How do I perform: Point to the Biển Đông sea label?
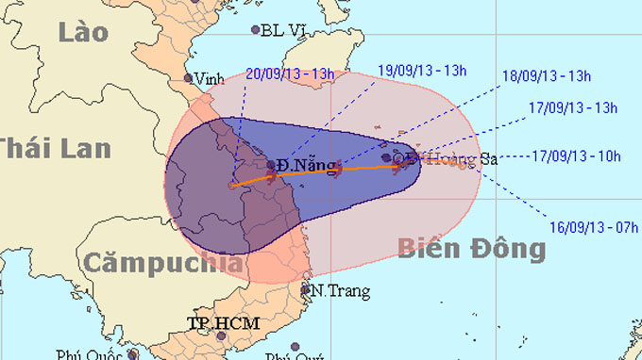(x=471, y=248)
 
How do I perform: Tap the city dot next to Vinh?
(x=189, y=79)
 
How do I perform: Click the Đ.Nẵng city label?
(x=309, y=166)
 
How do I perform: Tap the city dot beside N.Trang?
(x=306, y=289)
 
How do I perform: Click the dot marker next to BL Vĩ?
(x=255, y=30)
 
